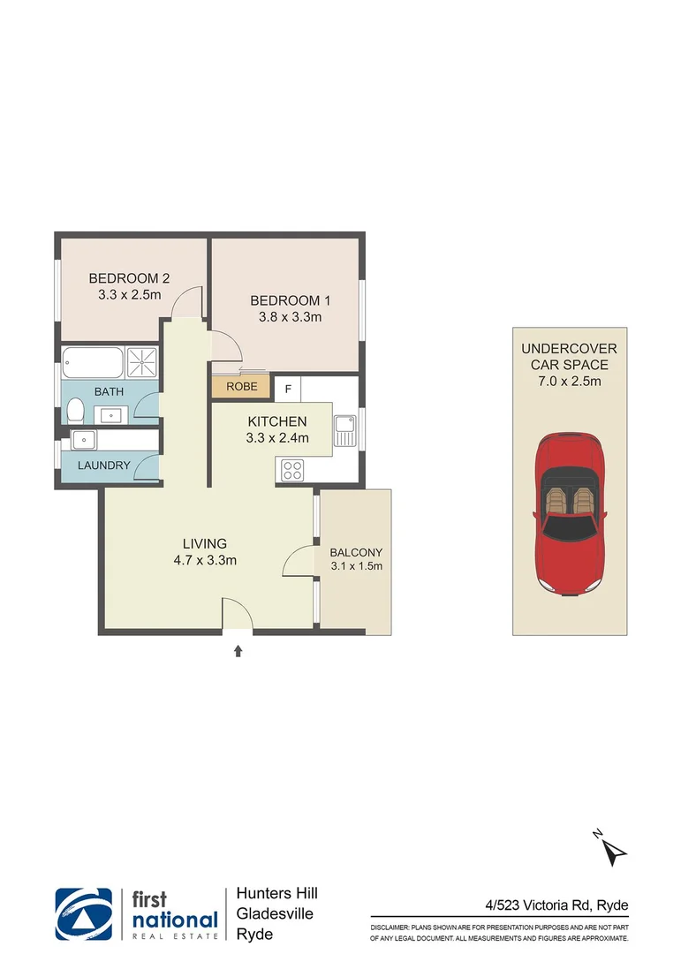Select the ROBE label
(x=241, y=387)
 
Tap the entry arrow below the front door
(x=237, y=652)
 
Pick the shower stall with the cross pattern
(x=141, y=361)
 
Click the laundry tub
(x=86, y=440)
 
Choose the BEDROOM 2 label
(x=129, y=278)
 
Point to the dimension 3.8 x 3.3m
(x=284, y=316)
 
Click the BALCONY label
(x=356, y=552)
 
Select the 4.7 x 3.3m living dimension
(x=205, y=560)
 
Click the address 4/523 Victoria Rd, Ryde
(x=556, y=905)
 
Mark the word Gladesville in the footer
(x=275, y=914)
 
